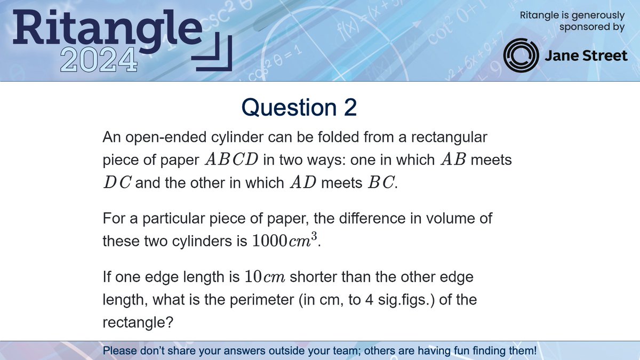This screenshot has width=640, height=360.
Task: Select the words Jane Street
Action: point(586,56)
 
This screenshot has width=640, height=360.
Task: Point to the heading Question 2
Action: point(299,108)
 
